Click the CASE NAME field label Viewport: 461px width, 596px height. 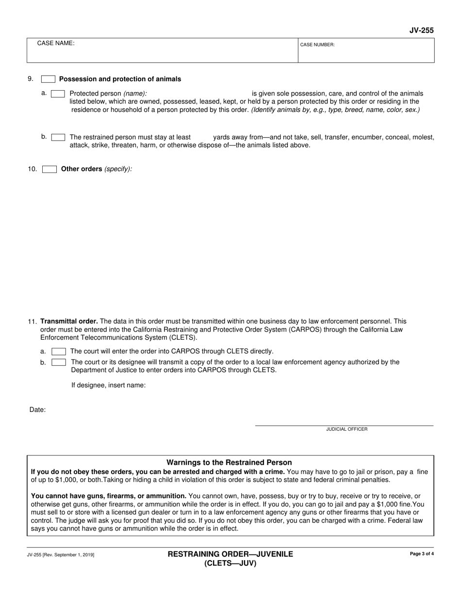click(x=56, y=44)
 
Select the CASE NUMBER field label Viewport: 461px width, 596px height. click(x=317, y=45)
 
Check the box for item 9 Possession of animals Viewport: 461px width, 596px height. click(x=48, y=79)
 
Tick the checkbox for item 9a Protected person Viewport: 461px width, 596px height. click(x=58, y=94)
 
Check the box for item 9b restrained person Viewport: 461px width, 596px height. click(x=58, y=137)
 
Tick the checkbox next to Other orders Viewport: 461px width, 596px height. click(x=49, y=169)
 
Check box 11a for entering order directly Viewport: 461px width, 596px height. click(x=59, y=351)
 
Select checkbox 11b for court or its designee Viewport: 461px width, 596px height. click(x=59, y=362)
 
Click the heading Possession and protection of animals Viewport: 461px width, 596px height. click(x=120, y=79)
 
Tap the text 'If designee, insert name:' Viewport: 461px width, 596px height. click(x=108, y=386)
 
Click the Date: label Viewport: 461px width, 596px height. click(x=38, y=410)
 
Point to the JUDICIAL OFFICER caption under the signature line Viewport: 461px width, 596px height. click(x=346, y=429)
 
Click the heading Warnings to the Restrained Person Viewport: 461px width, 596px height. click(x=229, y=462)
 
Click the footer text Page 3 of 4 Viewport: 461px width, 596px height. click(x=422, y=553)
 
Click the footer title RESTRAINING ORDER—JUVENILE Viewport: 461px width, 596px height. click(x=230, y=554)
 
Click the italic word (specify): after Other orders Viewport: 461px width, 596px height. click(x=118, y=169)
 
